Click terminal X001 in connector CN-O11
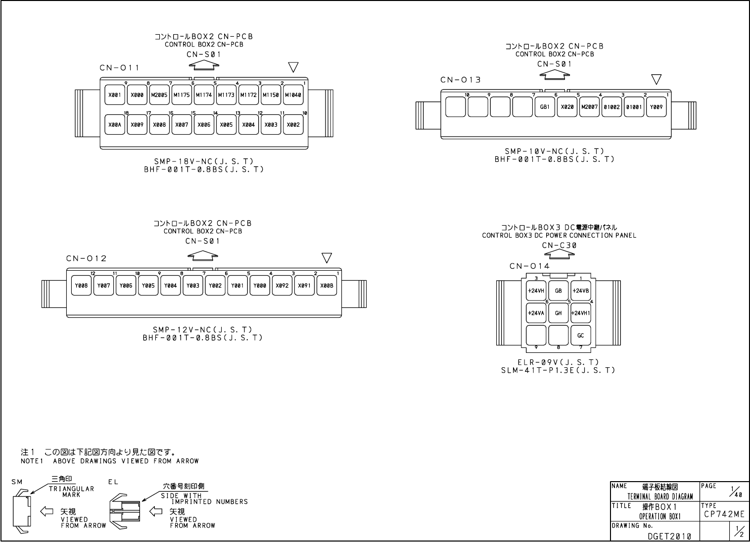pyautogui.click(x=115, y=95)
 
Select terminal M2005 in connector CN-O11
pyautogui.click(x=159, y=95)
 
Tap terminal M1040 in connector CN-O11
pyautogui.click(x=293, y=95)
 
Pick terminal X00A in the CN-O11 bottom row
pyautogui.click(x=115, y=125)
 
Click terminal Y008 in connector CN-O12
pyautogui.click(x=81, y=286)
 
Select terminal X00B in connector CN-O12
pyautogui.click(x=327, y=286)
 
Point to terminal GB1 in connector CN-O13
pyautogui.click(x=545, y=106)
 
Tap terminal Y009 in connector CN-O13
pyautogui.click(x=656, y=106)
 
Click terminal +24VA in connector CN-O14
pyautogui.click(x=536, y=313)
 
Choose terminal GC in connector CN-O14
pyautogui.click(x=581, y=335)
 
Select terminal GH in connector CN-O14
pyautogui.click(x=559, y=313)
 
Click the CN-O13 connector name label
pyautogui.click(x=461, y=80)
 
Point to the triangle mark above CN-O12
pyautogui.click(x=327, y=258)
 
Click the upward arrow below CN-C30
pyautogui.click(x=560, y=254)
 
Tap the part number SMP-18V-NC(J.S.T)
pyautogui.click(x=203, y=161)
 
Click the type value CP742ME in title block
pyautogui.click(x=724, y=514)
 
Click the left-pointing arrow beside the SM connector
pyautogui.click(x=47, y=511)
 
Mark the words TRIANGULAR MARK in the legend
pyautogui.click(x=71, y=492)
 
